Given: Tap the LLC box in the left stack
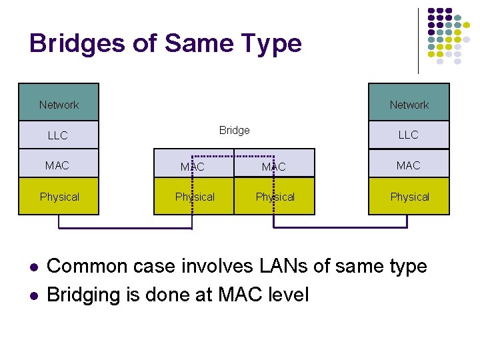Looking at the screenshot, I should tap(59, 135).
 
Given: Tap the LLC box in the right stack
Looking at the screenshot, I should tap(409, 135).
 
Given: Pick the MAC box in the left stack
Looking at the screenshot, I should tap(59, 165).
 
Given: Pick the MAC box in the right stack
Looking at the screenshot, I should tap(409, 165).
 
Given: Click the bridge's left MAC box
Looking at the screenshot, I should tap(193, 167).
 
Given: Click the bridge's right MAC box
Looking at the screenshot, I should tap(274, 167).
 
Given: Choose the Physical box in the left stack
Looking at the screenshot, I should tap(59, 197).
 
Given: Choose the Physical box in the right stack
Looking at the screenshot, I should tap(409, 197).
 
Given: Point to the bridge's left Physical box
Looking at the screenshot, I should tap(194, 197).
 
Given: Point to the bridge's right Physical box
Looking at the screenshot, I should tap(275, 197).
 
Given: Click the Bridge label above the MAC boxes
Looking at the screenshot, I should tap(235, 131).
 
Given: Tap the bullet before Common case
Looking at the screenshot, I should tap(33, 267).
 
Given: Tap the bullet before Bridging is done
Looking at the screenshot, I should tap(33, 294).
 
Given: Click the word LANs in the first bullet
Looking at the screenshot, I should tap(277, 266).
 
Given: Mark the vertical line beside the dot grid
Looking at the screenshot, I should tap(418, 40).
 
